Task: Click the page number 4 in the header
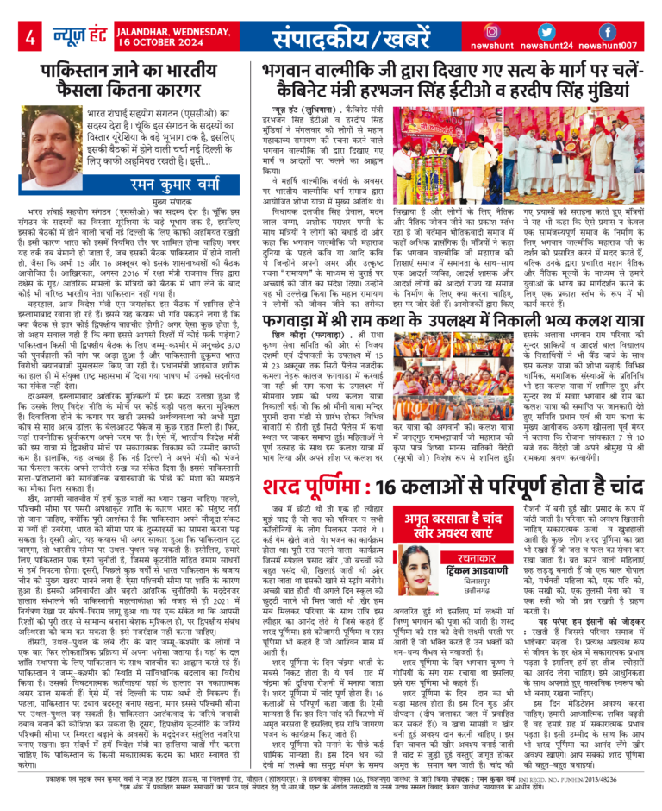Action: pos(29,37)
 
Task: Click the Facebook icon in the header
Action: pos(608,32)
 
